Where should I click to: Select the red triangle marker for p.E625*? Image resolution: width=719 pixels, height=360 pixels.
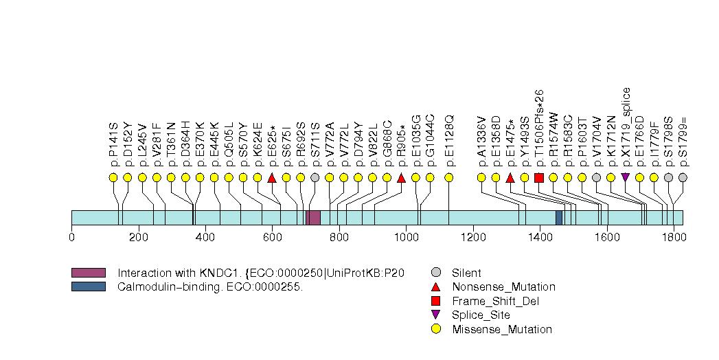[x=272, y=178]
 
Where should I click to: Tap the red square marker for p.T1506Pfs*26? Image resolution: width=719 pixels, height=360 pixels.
[x=539, y=178]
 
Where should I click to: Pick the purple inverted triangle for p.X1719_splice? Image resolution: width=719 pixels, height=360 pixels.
[x=625, y=177]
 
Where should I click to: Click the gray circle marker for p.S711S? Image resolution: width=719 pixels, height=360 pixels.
[x=315, y=177]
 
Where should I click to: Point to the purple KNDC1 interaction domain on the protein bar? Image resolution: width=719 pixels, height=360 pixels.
[x=313, y=218]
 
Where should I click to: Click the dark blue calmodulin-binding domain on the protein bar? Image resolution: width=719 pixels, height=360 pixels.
[x=559, y=218]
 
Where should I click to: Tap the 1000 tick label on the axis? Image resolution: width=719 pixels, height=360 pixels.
[x=406, y=238]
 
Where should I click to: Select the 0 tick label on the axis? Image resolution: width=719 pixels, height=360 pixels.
[x=71, y=238]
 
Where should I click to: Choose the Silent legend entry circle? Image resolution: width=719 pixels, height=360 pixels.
[x=436, y=273]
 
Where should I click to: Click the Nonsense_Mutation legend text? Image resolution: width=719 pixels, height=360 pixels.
[x=503, y=287]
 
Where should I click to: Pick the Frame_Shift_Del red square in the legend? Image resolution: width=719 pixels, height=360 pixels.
[x=436, y=301]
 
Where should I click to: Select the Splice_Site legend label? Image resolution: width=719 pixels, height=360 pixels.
[x=481, y=315]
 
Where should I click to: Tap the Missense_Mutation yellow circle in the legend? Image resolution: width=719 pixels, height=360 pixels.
[x=436, y=329]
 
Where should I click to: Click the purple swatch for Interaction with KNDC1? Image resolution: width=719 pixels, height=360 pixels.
[x=88, y=273]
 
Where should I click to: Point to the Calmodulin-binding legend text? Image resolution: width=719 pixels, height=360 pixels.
[x=210, y=287]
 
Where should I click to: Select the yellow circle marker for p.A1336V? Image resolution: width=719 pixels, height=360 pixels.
[x=481, y=177]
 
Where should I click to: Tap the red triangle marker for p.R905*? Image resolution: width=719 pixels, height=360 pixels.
[x=401, y=178]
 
